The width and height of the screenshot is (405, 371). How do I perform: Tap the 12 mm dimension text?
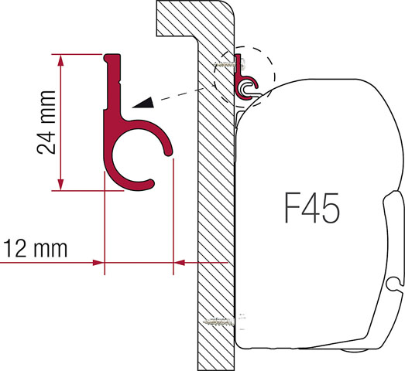point(34,249)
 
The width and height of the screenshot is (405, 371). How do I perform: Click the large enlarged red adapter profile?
point(128,131)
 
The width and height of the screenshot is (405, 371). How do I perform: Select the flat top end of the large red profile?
point(112,56)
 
